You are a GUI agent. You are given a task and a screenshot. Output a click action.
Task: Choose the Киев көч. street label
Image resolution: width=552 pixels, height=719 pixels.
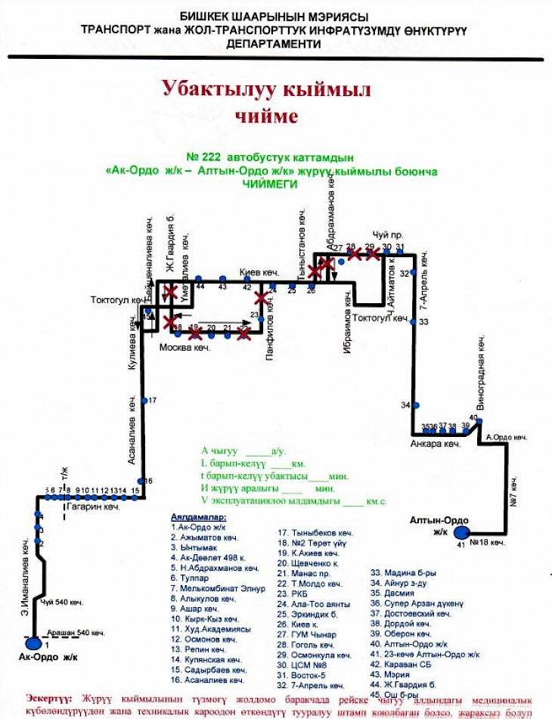click(x=259, y=272)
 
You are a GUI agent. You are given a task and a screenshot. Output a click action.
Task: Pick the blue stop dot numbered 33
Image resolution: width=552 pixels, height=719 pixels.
click(x=413, y=322)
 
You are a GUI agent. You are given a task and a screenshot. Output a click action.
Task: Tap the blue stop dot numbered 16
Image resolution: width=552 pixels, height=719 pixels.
click(x=140, y=481)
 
